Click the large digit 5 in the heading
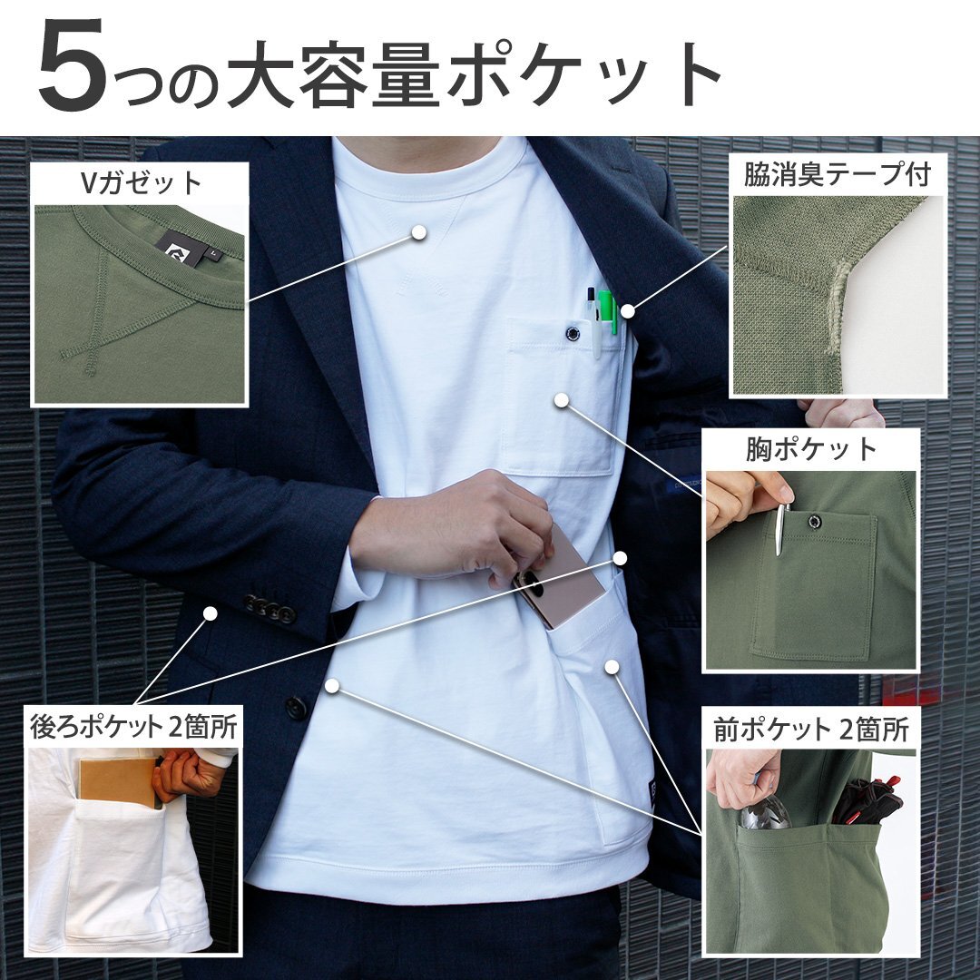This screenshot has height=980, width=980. click(x=73, y=71)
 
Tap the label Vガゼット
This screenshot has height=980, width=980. click(x=140, y=183)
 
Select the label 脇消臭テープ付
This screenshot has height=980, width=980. click(x=837, y=174)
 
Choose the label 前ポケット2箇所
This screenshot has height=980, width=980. click(x=811, y=729)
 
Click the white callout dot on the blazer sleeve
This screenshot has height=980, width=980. click(x=210, y=613)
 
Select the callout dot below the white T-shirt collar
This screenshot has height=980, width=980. click(x=418, y=232)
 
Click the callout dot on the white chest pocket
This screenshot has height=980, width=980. click(x=562, y=398)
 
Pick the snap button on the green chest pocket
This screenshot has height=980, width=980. click(x=814, y=521)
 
